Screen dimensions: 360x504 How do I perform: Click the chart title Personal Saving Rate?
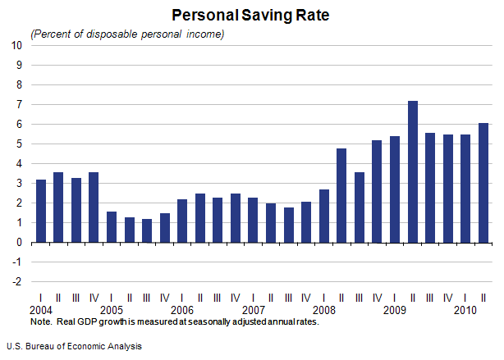251,15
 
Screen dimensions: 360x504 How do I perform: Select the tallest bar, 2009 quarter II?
412,171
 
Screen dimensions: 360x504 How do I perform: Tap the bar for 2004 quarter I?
40,211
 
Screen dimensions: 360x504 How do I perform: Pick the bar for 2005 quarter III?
147,230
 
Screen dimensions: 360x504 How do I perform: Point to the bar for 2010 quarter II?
483,183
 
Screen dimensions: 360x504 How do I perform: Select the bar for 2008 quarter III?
359,207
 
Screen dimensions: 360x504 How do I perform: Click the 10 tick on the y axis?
16,45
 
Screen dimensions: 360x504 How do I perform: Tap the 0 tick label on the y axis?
18,243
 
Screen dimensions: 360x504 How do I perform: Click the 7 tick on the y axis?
18,104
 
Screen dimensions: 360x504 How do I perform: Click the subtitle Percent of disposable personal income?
127,34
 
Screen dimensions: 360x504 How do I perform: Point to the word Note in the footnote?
39,321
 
